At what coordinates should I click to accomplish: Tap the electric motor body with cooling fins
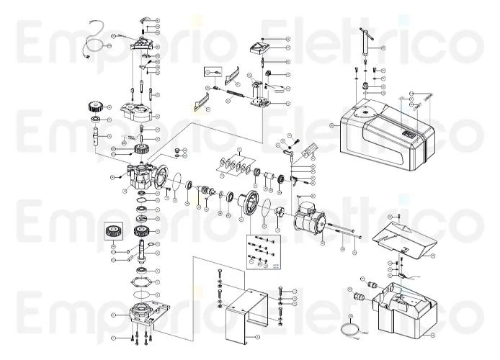[x=311, y=215]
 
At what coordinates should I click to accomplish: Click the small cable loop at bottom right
[x=352, y=332]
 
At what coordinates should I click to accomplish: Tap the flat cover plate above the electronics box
[x=404, y=238]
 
